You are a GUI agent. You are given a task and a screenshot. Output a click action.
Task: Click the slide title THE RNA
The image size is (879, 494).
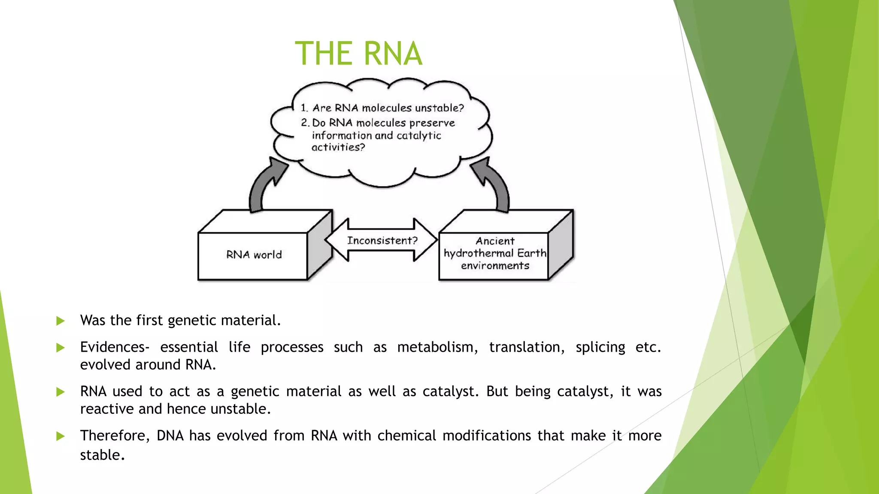(x=358, y=54)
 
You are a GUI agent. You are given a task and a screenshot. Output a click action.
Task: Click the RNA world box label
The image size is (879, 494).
(x=254, y=255)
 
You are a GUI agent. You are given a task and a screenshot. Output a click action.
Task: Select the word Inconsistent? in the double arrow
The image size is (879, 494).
(x=382, y=241)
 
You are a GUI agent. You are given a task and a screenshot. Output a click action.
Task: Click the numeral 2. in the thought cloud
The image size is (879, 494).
(x=305, y=123)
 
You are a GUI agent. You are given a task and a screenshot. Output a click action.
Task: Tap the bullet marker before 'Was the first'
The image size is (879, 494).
(x=61, y=321)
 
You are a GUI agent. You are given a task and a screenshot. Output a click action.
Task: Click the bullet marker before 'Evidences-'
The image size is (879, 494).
(x=61, y=347)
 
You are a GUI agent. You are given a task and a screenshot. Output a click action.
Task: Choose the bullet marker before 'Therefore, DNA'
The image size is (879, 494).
(x=61, y=436)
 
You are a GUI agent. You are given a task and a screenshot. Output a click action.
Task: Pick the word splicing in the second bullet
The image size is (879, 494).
(x=600, y=347)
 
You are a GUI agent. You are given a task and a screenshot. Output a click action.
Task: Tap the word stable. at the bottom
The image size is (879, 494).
(x=102, y=455)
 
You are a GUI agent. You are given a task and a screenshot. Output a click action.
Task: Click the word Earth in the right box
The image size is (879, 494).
(x=531, y=253)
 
